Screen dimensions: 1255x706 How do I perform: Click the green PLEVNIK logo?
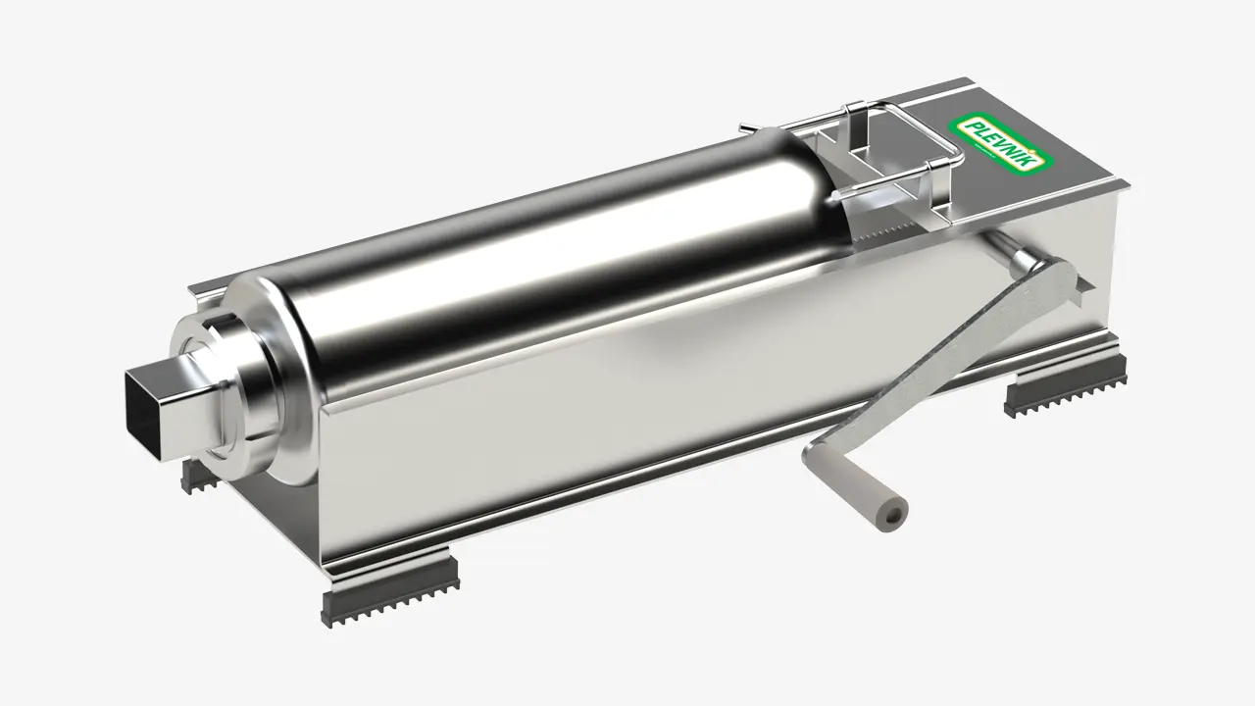(x=1001, y=143)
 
